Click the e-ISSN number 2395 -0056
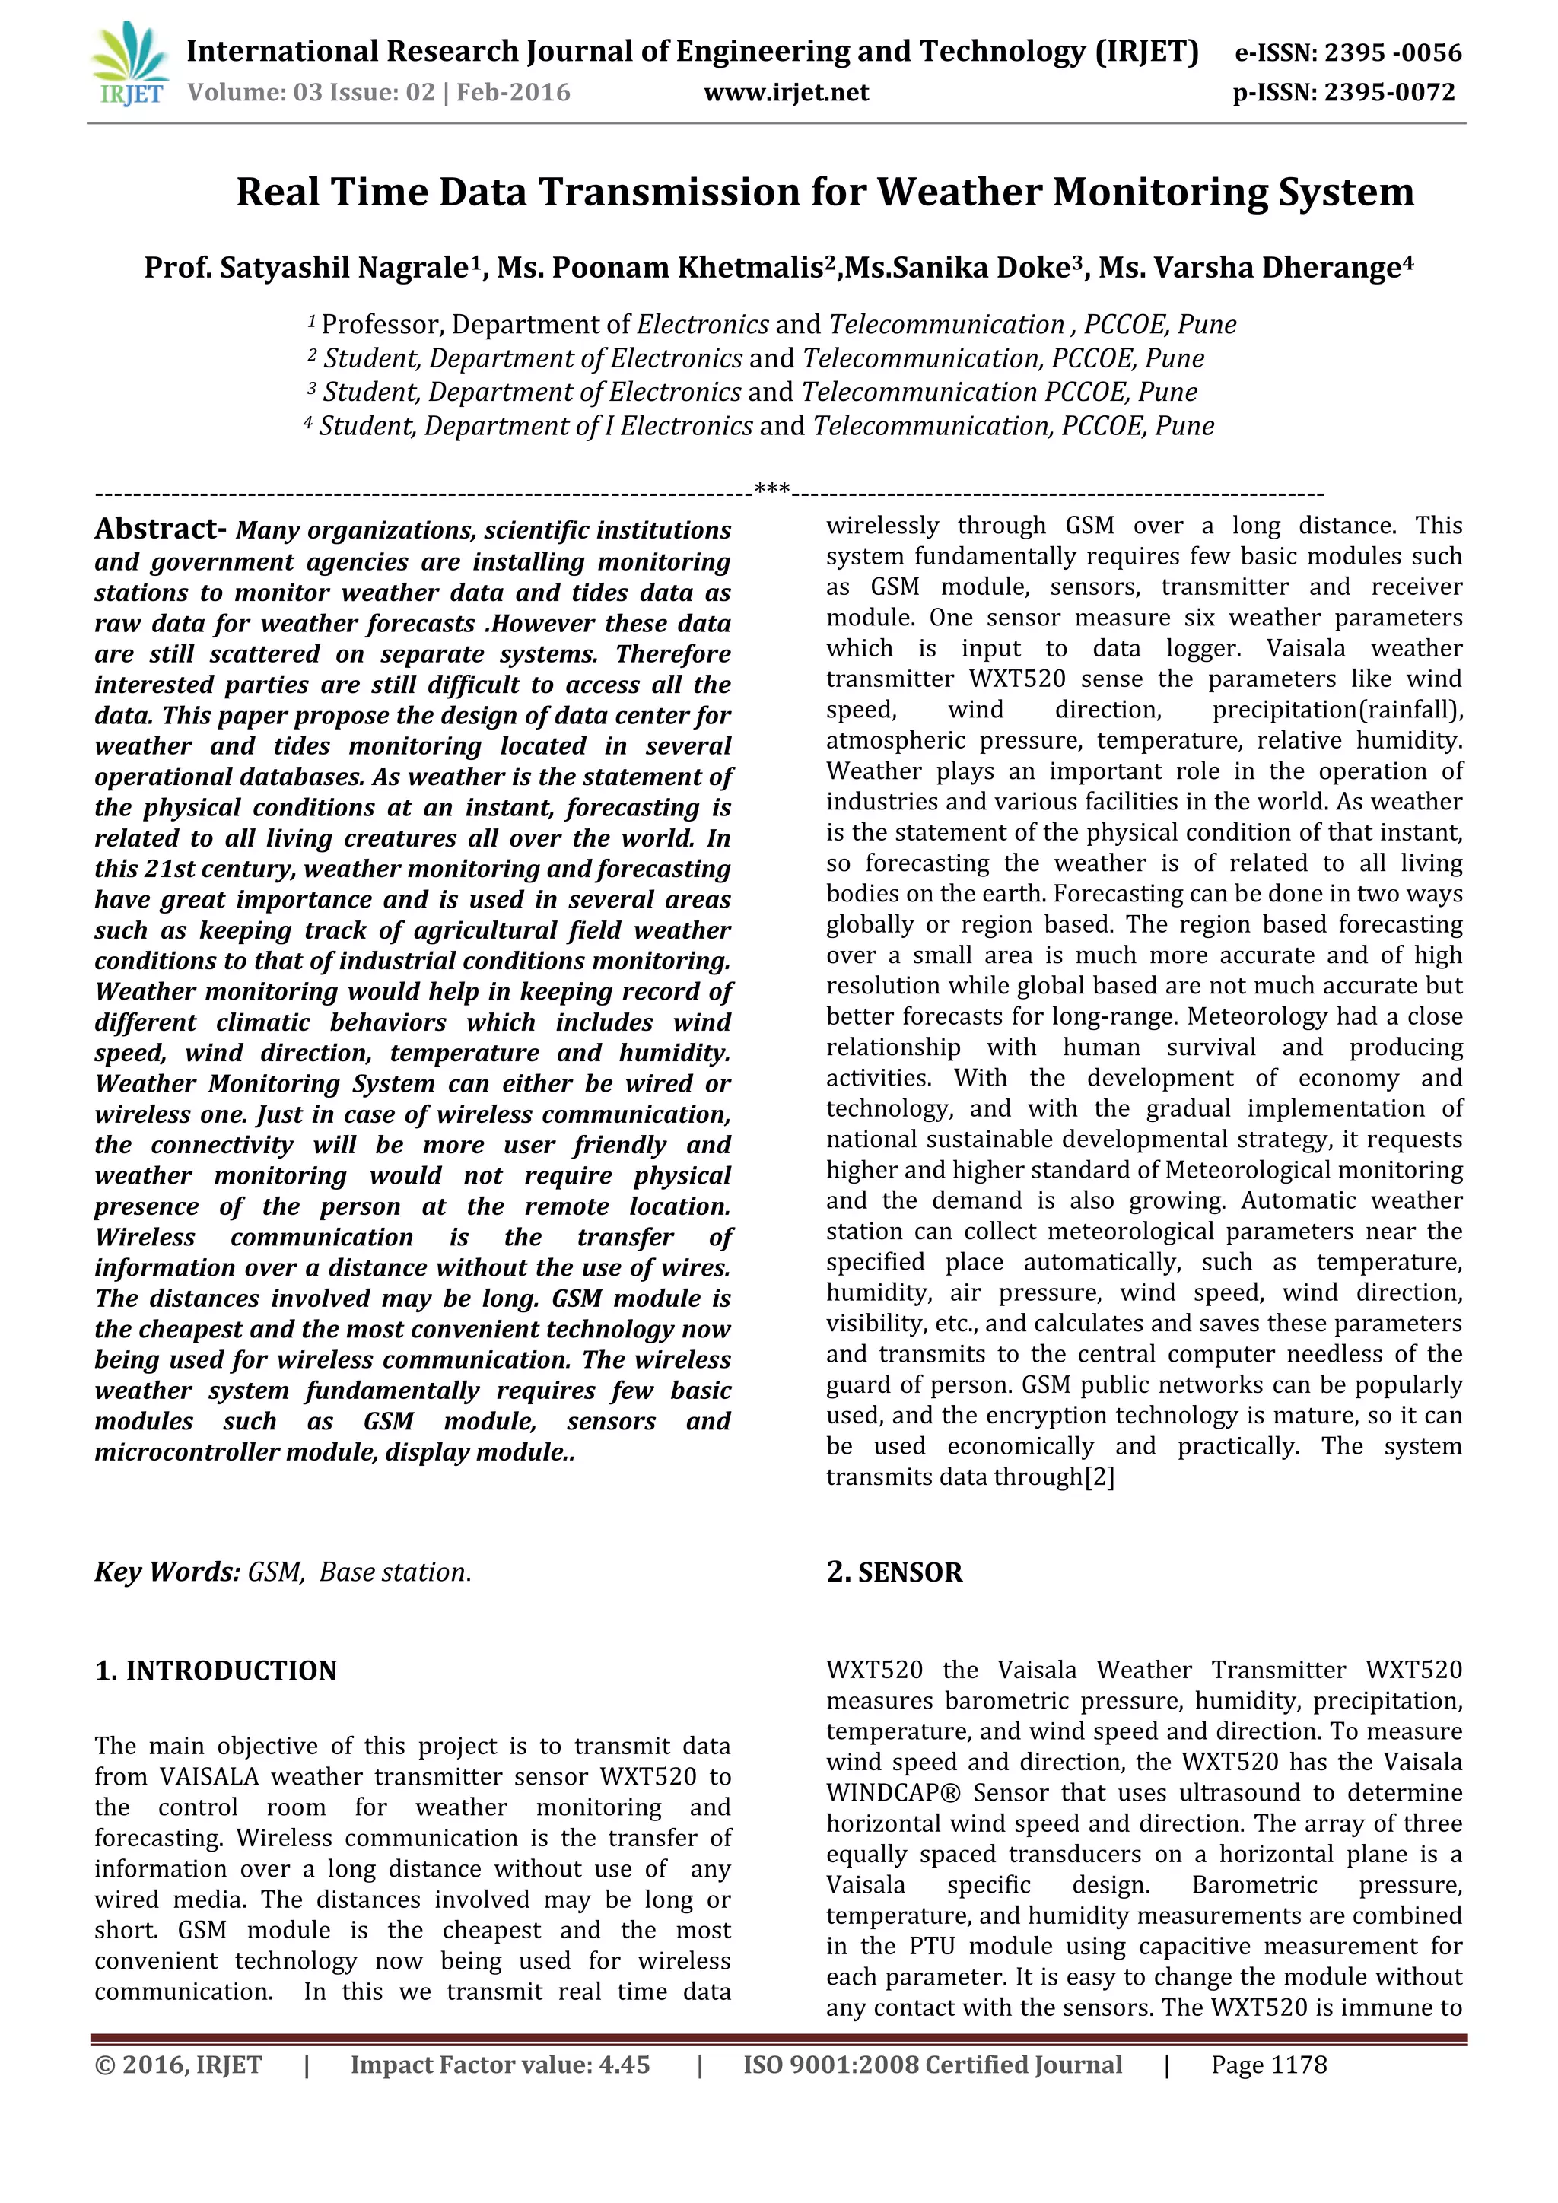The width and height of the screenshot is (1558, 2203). pos(1392,52)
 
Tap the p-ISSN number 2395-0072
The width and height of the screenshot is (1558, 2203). pos(1389,93)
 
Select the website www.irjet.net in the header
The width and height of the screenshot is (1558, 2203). pos(786,93)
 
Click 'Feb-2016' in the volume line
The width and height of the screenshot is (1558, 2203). pos(514,93)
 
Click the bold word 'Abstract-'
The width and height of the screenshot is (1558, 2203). pos(161,529)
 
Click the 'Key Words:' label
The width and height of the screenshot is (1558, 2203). pos(167,1572)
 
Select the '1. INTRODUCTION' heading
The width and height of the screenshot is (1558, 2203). pos(216,1671)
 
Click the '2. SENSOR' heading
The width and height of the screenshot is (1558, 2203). pos(894,1572)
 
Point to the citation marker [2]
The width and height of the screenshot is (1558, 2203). pos(1099,1477)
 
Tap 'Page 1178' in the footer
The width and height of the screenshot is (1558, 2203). pos(1268,2065)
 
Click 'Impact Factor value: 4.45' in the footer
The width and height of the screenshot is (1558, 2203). pos(500,2065)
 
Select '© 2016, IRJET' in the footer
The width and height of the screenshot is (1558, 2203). pos(179,2065)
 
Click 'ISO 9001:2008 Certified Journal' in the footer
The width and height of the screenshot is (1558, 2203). pos(933,2065)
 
